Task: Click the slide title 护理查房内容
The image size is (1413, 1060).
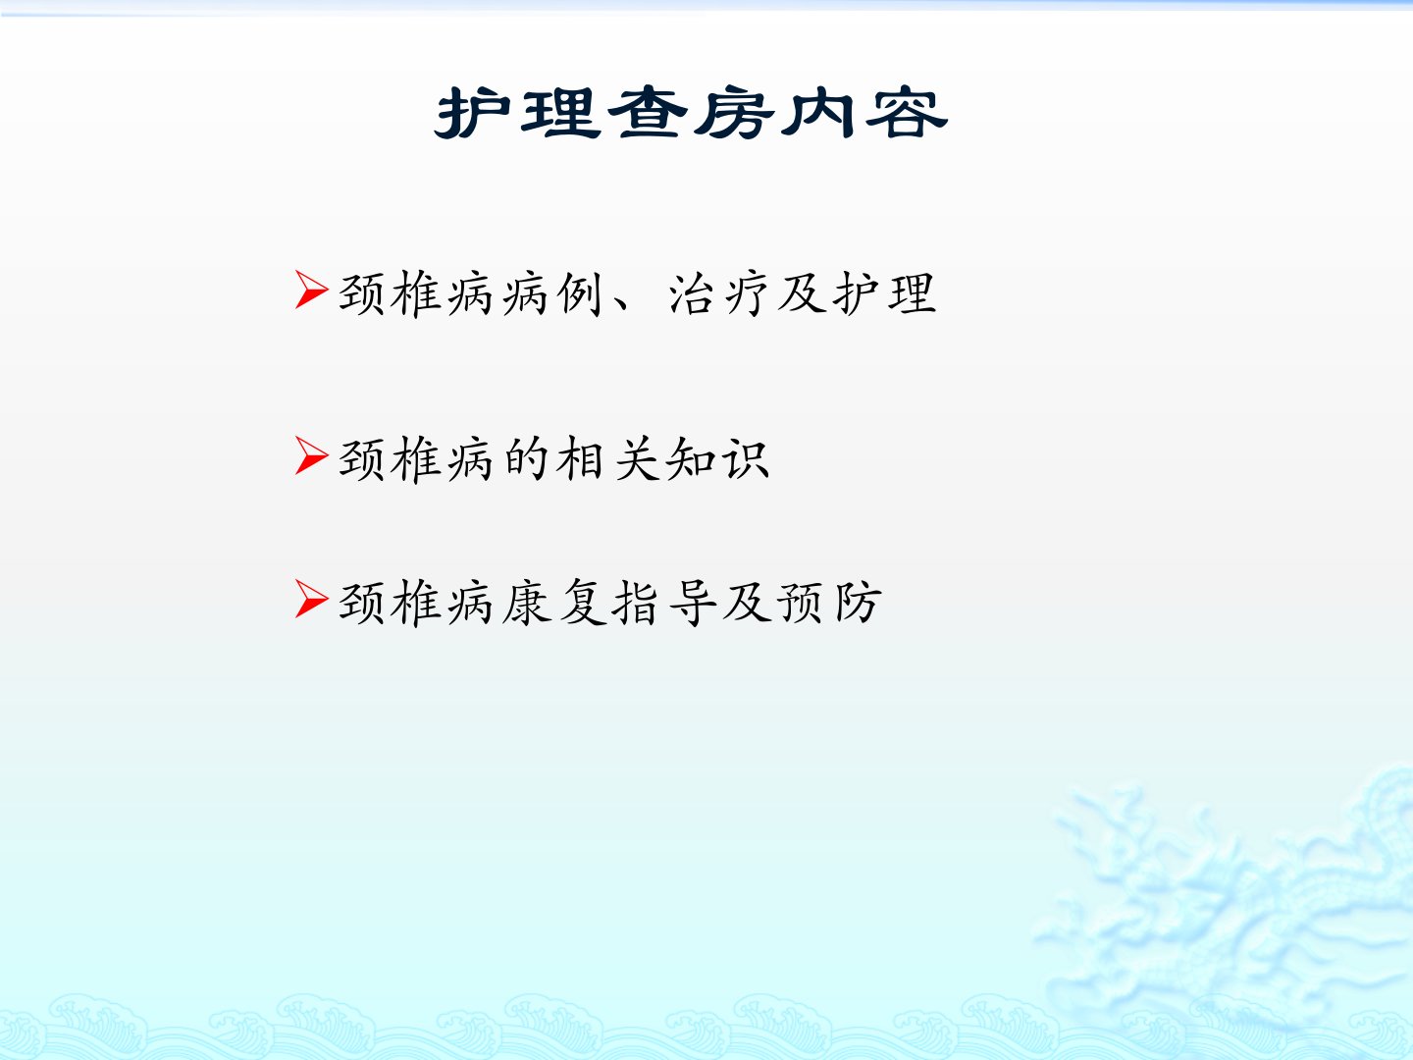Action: (x=691, y=113)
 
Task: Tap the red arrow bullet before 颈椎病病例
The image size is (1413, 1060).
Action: (x=312, y=290)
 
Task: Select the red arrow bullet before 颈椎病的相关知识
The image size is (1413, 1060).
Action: (x=312, y=455)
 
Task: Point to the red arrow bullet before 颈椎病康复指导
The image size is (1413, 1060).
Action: (x=312, y=599)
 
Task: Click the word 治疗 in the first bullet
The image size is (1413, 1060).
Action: (x=718, y=293)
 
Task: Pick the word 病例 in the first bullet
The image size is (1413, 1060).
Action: (x=552, y=293)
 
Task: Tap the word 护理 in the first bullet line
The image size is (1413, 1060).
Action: (x=884, y=293)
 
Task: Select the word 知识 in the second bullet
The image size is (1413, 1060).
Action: (x=717, y=459)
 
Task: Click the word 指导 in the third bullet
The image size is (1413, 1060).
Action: (x=663, y=603)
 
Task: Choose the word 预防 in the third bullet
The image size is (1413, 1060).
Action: (x=829, y=603)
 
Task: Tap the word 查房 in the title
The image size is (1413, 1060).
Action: (x=691, y=113)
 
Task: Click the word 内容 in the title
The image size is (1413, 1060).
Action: (x=863, y=113)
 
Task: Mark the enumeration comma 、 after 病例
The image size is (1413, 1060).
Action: (x=622, y=304)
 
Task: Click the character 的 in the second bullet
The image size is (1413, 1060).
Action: (x=525, y=459)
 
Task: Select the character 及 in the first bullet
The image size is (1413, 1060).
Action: (x=802, y=293)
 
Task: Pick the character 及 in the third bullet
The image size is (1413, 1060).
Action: (x=747, y=603)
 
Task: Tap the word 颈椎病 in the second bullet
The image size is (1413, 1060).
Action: (x=416, y=459)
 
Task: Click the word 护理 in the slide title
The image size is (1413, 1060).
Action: (x=517, y=113)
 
